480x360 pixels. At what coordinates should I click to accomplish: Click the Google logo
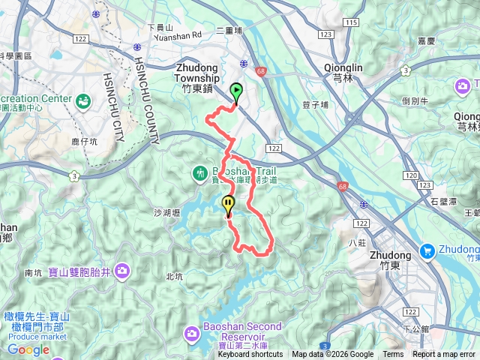pos(28,349)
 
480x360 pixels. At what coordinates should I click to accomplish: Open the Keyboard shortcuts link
pos(250,355)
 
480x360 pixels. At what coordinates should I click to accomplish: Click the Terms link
pos(393,355)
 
